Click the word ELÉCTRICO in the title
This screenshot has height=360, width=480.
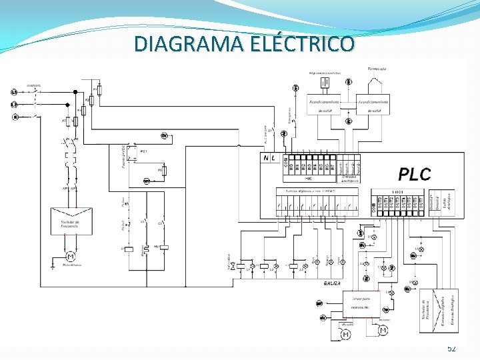pos(304,44)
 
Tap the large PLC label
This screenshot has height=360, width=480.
pos(415,175)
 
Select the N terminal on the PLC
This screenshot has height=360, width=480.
pos(267,159)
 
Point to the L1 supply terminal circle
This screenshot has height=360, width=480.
pos(14,93)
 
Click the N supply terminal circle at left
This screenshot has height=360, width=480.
pos(14,117)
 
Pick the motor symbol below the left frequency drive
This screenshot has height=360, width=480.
pos(71,257)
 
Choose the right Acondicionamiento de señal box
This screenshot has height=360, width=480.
pos(373,104)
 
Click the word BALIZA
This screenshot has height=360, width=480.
pos(333,283)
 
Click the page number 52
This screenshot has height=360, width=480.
pos(451,348)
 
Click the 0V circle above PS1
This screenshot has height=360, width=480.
pos(164,136)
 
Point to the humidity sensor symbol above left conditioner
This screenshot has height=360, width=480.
pos(325,83)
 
